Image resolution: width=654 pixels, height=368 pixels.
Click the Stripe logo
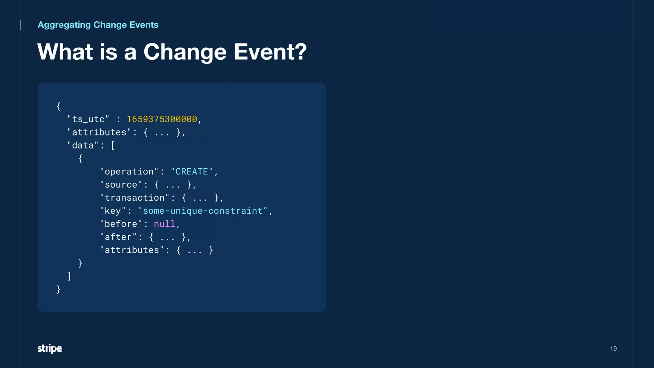[x=49, y=348]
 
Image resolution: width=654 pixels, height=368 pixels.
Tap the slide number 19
[x=613, y=349]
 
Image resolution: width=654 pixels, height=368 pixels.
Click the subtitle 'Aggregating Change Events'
[x=98, y=25]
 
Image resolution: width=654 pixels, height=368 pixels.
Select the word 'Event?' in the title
[x=270, y=52]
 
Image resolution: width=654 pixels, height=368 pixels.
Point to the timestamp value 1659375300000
[x=162, y=119]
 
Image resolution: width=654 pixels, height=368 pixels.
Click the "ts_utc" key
[x=88, y=119]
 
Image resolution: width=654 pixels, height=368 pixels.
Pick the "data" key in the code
[x=83, y=145]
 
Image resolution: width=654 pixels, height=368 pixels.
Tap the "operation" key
[x=129, y=172]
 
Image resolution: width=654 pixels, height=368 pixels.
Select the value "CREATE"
[x=192, y=172]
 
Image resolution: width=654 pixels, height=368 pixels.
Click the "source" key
[x=121, y=185]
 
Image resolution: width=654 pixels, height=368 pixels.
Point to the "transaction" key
[x=134, y=198]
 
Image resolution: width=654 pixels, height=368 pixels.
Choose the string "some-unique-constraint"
[x=202, y=211]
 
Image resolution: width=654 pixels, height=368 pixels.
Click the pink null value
[x=164, y=224]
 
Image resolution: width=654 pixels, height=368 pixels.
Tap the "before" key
[x=121, y=224]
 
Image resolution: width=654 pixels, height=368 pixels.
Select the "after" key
[x=118, y=237]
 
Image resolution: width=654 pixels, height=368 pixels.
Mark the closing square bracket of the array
[x=69, y=276]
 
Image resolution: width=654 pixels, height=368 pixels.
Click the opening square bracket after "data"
[x=113, y=145]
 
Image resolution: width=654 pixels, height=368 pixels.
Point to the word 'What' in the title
[x=65, y=52]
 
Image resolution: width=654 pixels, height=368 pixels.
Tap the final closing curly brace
[x=58, y=289]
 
